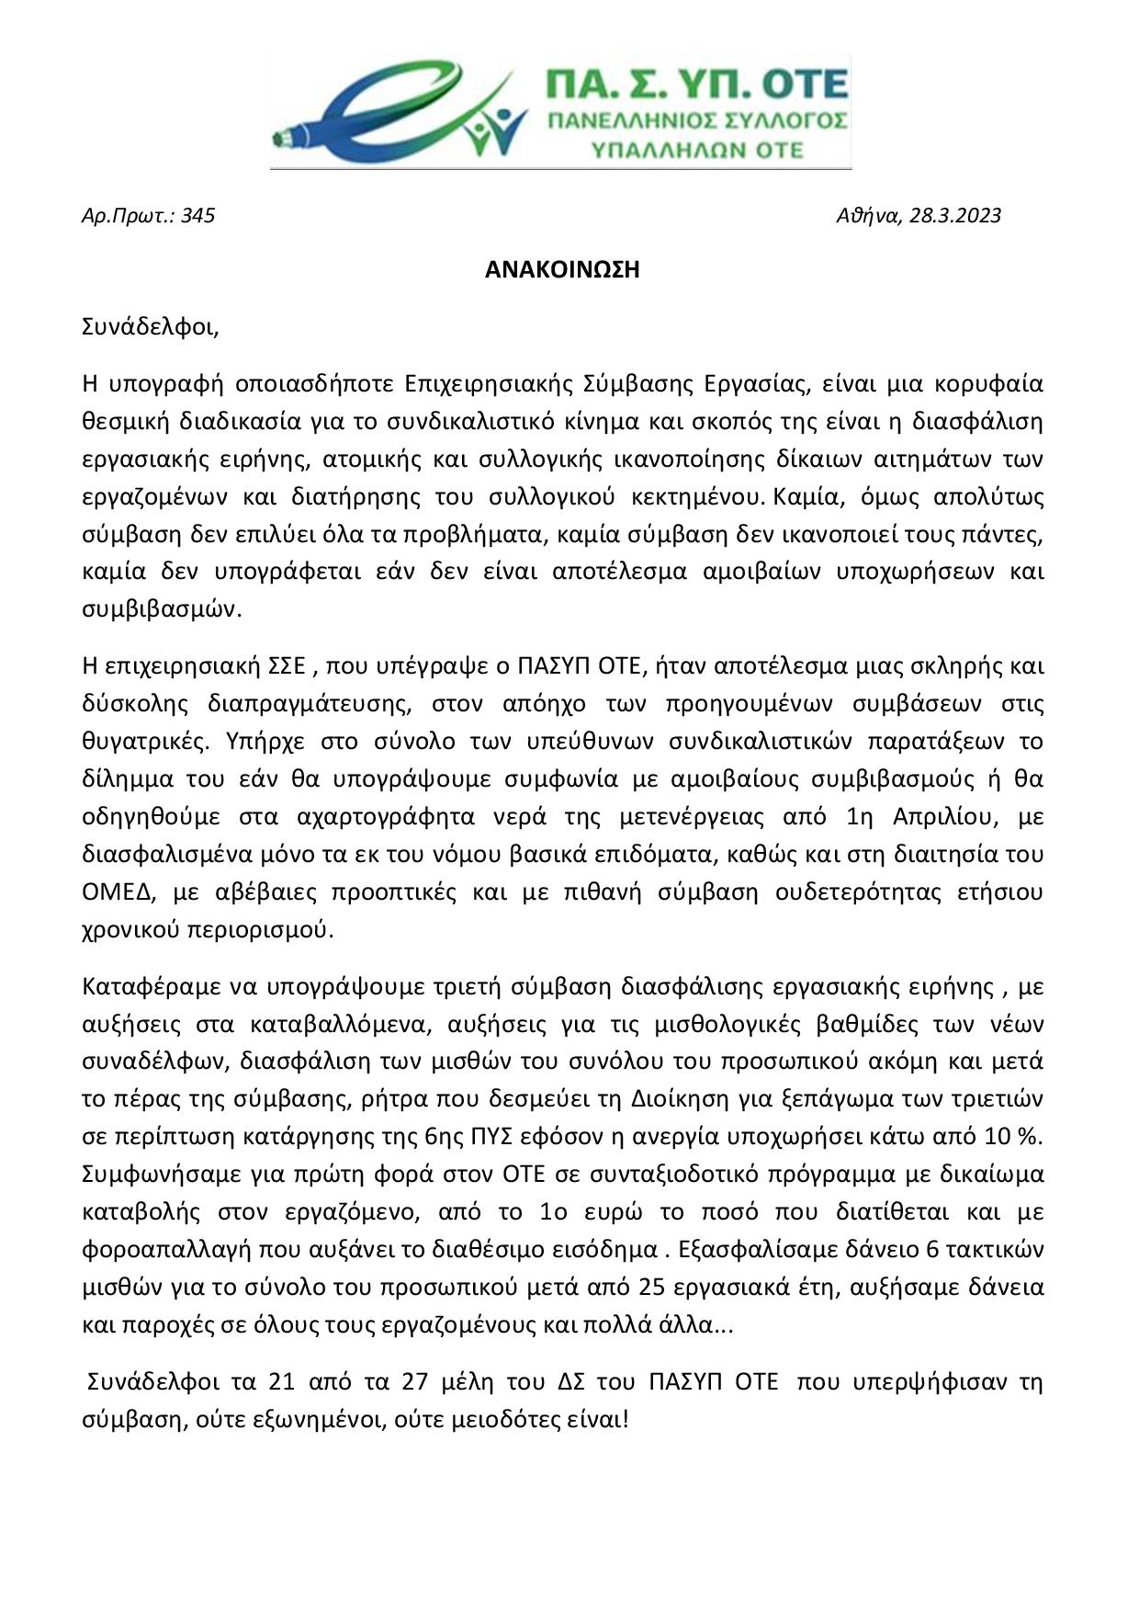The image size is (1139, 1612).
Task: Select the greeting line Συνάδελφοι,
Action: pos(151,328)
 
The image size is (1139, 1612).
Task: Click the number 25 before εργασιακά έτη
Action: pos(650,1288)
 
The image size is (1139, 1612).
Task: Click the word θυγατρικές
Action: pos(140,742)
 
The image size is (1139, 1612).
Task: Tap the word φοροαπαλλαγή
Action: pos(154,1250)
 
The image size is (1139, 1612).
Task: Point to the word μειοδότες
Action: pos(506,1420)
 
